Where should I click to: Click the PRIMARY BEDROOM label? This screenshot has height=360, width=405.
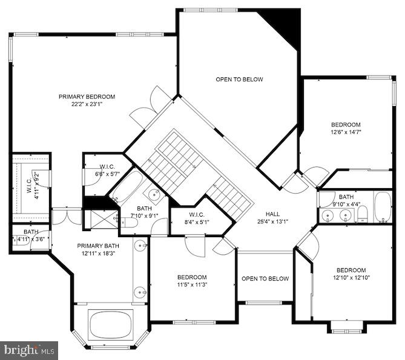point(87,96)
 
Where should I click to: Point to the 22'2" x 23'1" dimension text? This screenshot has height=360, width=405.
point(87,104)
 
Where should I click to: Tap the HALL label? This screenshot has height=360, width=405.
point(274,214)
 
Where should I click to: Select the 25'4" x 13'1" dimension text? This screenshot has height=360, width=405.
point(274,221)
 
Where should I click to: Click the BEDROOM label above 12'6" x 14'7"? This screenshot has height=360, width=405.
point(346,124)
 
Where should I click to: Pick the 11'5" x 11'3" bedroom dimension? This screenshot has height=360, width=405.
point(193,285)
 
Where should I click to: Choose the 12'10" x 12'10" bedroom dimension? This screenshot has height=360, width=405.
point(351,278)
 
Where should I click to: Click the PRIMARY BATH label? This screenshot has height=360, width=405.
point(97,246)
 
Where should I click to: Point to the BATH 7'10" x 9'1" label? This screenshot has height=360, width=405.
point(143,209)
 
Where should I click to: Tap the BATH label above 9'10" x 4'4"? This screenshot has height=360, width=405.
point(346,197)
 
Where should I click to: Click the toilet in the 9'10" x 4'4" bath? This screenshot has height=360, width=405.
point(363,214)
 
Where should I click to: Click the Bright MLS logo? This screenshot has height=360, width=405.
point(29,350)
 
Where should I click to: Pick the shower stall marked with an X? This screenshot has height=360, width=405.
point(100,218)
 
